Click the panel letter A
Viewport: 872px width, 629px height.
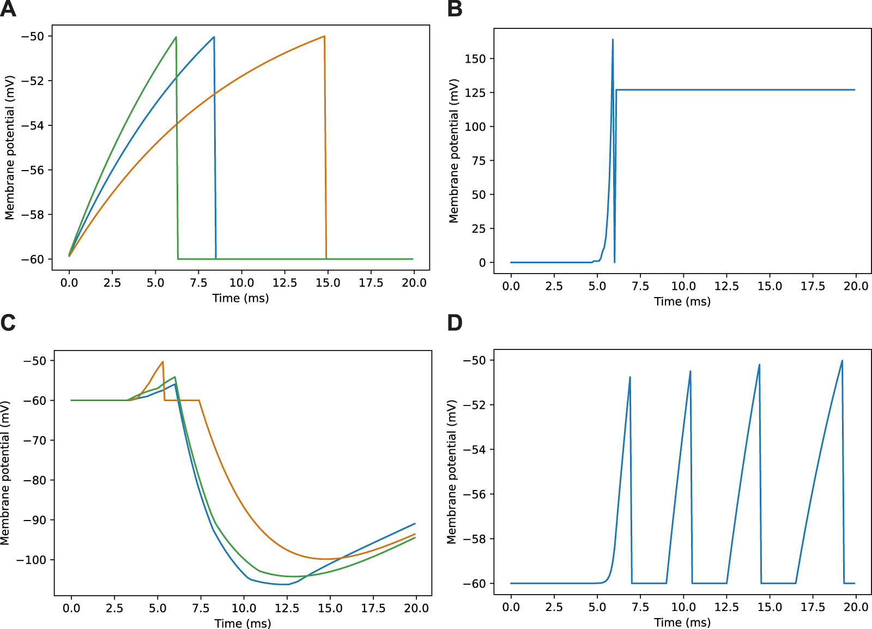8,9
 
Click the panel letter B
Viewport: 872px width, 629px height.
455,9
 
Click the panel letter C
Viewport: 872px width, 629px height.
8,323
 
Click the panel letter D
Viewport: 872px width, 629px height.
455,323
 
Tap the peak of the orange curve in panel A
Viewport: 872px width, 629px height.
324,37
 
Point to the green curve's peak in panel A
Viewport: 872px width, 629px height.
176,37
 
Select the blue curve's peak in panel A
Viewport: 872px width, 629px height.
214,37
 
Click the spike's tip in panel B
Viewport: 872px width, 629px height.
613,39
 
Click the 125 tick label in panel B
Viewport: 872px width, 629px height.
475,93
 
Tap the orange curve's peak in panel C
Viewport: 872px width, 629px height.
162,361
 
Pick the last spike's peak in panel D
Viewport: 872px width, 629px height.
842,360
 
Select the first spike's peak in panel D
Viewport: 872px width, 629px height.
630,377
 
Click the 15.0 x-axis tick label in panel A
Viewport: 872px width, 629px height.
328,283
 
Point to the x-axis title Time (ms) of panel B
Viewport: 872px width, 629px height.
682,301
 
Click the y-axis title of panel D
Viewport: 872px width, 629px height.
451,471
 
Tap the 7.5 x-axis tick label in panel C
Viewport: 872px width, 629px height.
201,608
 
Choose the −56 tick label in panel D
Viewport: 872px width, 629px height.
474,494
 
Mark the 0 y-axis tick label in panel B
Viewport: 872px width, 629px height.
482,263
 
